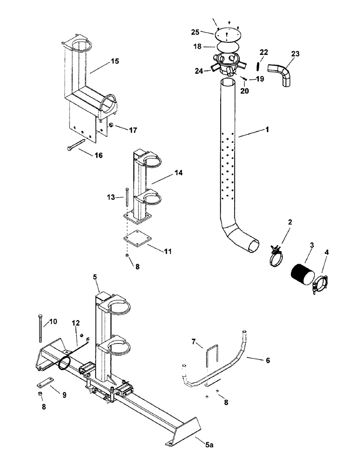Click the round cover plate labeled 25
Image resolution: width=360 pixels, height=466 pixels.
tap(227, 34)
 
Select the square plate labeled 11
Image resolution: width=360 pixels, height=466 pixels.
tap(137, 238)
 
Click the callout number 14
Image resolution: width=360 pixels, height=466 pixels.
tap(178, 173)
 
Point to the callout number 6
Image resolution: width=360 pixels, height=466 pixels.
tap(267, 360)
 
